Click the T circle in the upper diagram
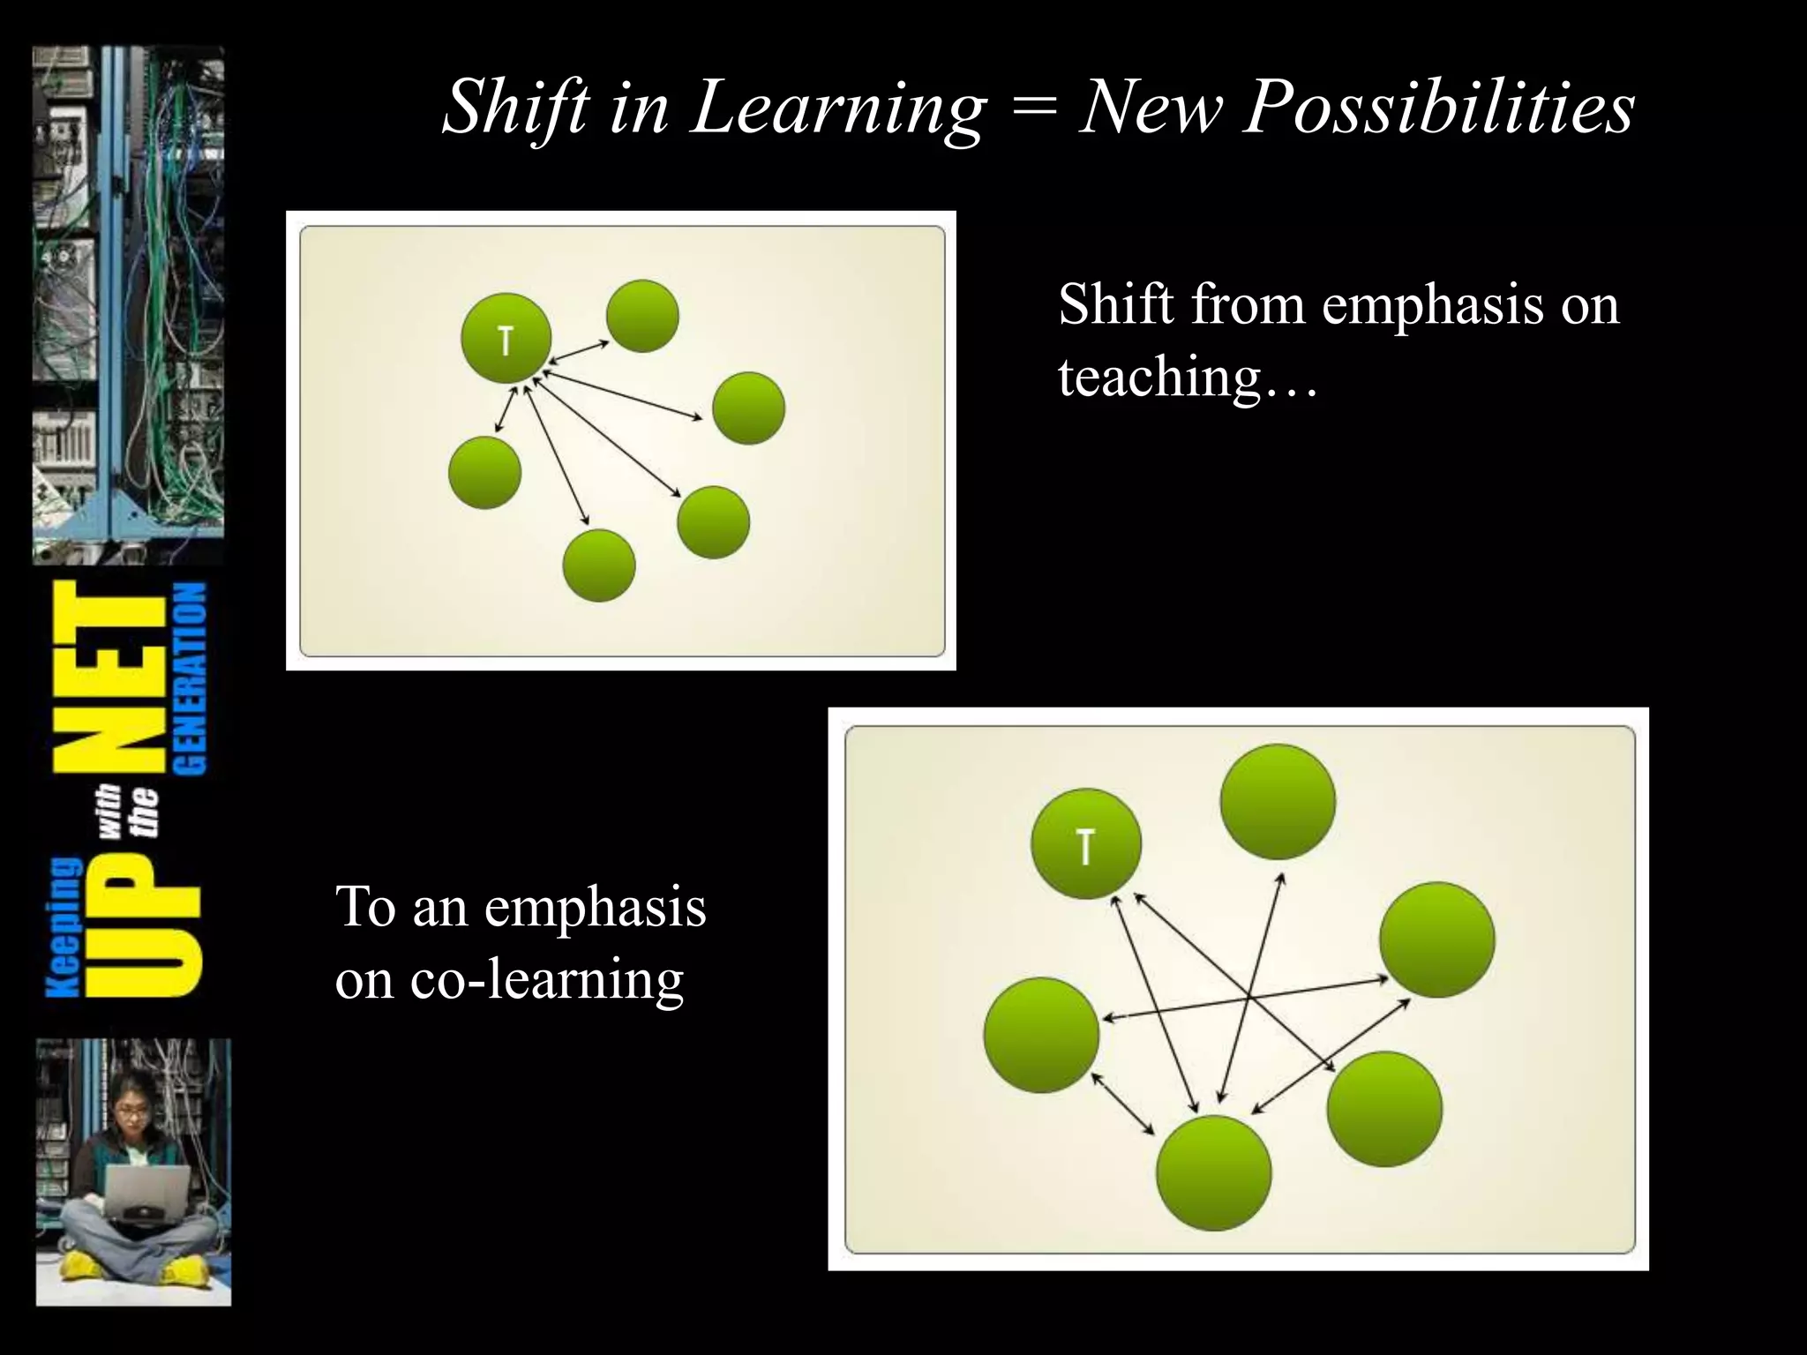pos(506,339)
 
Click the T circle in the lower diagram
pos(1086,844)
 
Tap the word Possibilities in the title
pos(1438,108)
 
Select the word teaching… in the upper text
pos(1188,377)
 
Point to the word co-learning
pos(547,978)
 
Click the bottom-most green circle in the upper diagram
pos(599,565)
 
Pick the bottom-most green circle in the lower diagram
pos(1213,1172)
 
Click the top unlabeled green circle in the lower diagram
pos(1278,802)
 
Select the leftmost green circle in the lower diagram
pos(1041,1035)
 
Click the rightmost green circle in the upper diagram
pos(748,408)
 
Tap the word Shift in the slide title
pos(515,108)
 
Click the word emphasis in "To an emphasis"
pos(595,907)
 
